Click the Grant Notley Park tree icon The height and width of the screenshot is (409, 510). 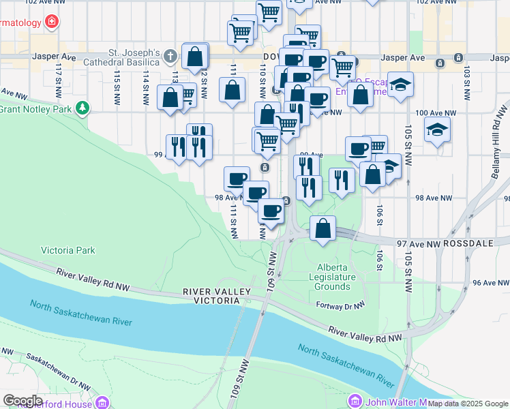tap(82, 108)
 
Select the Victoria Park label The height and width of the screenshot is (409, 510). tap(68, 250)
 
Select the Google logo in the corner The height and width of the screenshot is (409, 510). tap(22, 401)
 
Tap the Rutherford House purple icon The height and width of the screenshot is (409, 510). tap(103, 402)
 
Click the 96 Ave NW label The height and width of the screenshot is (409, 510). tap(491, 282)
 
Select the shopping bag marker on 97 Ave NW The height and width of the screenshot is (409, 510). tap(323, 228)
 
